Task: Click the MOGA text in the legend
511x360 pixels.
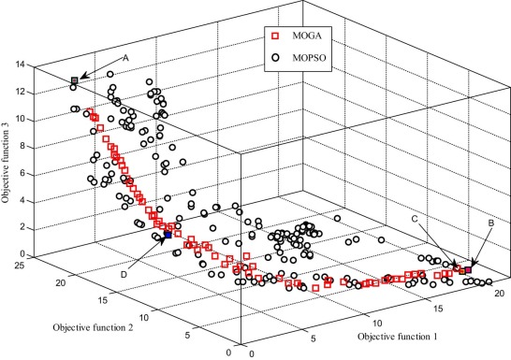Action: point(306,38)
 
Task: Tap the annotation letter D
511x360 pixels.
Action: point(123,275)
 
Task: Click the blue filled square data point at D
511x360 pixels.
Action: point(168,237)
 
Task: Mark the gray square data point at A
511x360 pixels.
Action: point(75,81)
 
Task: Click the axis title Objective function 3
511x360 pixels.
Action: point(7,157)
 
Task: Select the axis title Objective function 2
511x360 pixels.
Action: point(92,326)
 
